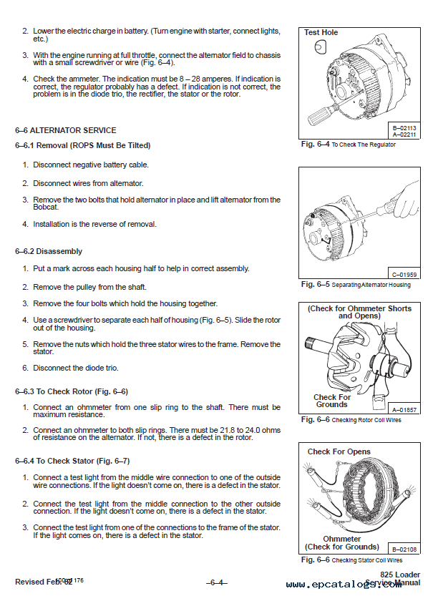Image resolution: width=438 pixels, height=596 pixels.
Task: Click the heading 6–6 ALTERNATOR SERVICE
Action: pos(65,130)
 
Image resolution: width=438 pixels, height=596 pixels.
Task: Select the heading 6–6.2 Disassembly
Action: pos(48,251)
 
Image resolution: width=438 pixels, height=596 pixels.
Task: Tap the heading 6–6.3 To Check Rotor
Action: pos(71,391)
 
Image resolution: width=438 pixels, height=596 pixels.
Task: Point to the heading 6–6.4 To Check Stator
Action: pos(72,461)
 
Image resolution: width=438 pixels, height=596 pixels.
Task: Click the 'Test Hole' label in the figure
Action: pos(321,32)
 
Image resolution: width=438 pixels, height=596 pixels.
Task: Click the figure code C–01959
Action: pos(404,274)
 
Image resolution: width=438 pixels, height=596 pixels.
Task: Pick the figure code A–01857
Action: pos(404,409)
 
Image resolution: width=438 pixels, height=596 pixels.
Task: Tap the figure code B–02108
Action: pos(404,549)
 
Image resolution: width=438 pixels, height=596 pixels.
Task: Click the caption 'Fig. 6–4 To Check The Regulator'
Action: pos(348,145)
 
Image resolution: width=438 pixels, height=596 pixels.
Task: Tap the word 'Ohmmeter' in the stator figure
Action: pos(341,539)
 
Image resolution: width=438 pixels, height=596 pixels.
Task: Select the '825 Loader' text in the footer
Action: pos(400,575)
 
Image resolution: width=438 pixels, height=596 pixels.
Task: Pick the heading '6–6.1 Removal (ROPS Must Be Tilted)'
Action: pos(82,145)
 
